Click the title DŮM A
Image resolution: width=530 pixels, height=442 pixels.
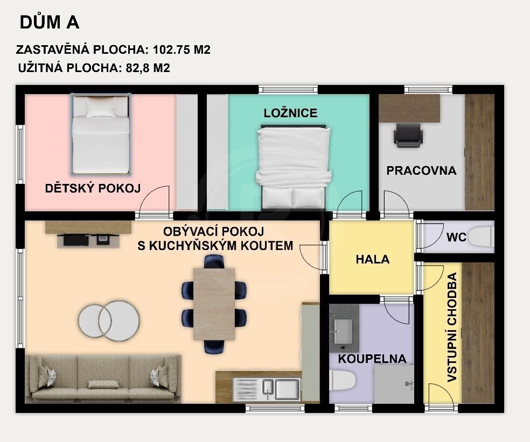[x=50, y=23]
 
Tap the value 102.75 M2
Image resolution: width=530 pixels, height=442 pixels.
[x=182, y=50]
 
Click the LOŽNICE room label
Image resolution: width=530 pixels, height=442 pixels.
[x=290, y=113]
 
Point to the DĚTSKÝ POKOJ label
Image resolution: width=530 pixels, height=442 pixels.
[x=93, y=188]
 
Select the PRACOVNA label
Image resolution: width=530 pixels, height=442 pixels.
[x=421, y=170]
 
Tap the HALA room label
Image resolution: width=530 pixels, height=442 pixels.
[x=372, y=259]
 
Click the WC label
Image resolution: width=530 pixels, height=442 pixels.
[x=455, y=237]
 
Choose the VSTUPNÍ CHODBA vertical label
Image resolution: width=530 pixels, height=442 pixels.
[x=452, y=327]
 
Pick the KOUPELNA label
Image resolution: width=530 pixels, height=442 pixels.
[x=372, y=359]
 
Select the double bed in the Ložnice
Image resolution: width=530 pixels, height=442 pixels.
[x=294, y=167]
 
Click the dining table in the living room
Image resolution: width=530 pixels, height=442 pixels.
[x=214, y=303]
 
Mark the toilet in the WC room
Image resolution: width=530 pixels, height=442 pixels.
[x=480, y=237]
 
